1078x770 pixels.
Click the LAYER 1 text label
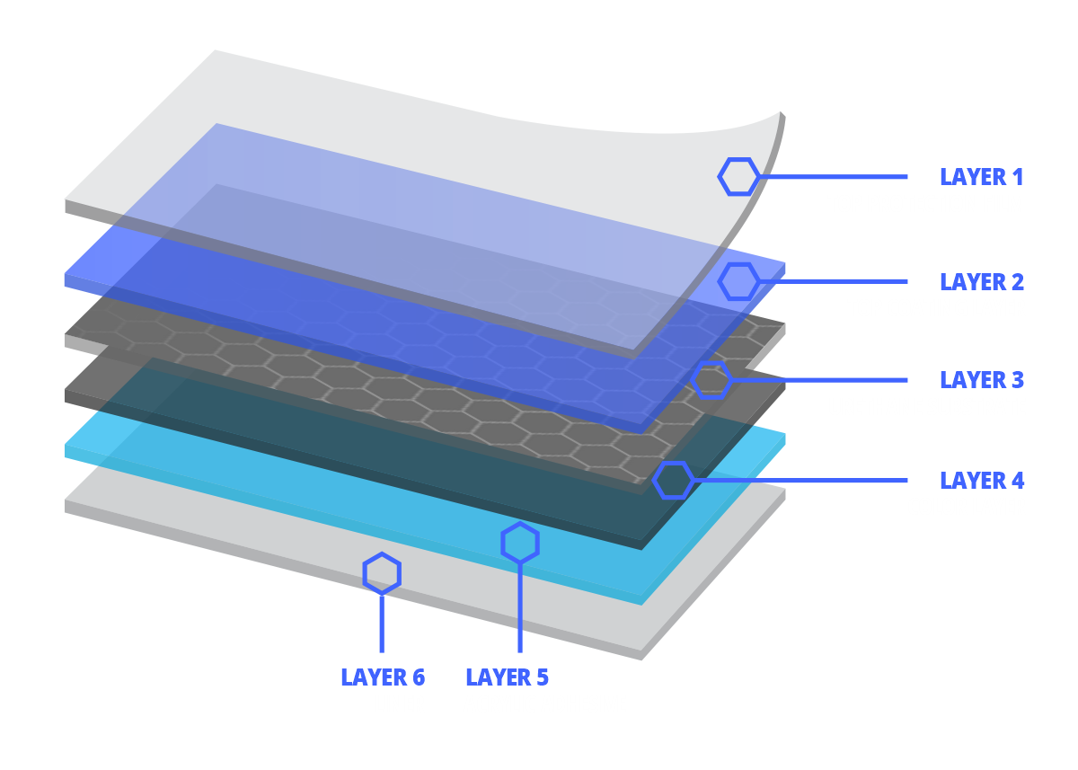tap(981, 177)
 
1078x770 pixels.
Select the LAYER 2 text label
tap(982, 282)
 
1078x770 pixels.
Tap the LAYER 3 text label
tap(982, 380)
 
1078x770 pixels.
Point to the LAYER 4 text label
tap(982, 481)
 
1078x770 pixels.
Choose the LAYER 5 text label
tap(508, 677)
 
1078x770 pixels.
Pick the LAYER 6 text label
tap(383, 677)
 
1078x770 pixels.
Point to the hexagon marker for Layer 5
tap(520, 524)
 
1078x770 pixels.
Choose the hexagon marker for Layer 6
tap(382, 554)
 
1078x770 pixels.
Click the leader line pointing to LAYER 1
tap(833, 177)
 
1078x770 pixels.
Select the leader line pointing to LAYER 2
tap(833, 282)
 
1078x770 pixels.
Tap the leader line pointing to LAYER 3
tap(819, 380)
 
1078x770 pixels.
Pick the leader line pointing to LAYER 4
tap(800, 481)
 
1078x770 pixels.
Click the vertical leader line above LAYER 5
tap(520, 607)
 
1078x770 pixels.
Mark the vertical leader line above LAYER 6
tap(382, 624)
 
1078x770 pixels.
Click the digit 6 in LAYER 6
tap(419, 677)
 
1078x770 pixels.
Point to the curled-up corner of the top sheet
tap(780, 114)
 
